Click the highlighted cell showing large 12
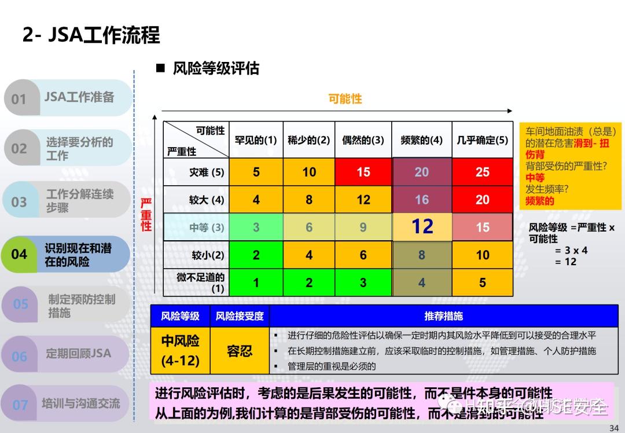[x=422, y=227]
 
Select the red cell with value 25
[x=482, y=172]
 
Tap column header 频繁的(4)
[x=421, y=140]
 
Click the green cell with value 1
[x=256, y=282]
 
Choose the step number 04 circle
[x=20, y=255]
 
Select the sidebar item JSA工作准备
[x=79, y=97]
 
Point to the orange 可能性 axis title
[x=345, y=98]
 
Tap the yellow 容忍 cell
[x=240, y=351]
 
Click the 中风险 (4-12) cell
[x=180, y=351]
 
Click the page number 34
[x=614, y=428]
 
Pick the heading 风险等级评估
[x=215, y=69]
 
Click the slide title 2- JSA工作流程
[x=91, y=35]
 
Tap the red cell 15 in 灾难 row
[x=363, y=172]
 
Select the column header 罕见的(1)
[x=256, y=140]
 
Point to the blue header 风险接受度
[x=240, y=316]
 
